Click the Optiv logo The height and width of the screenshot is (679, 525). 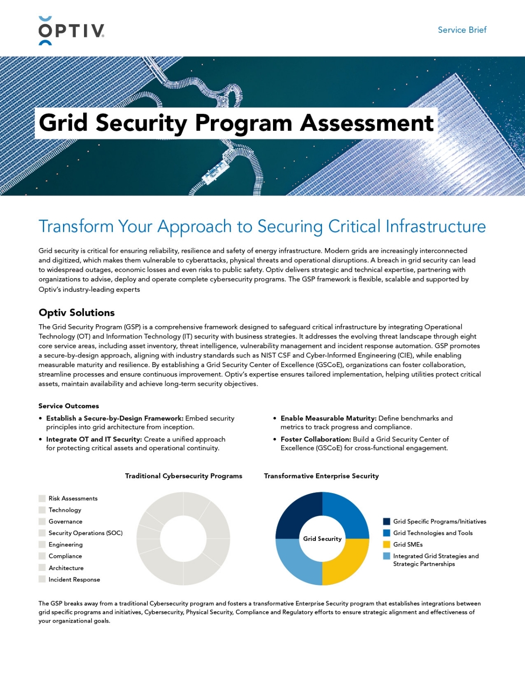(x=71, y=31)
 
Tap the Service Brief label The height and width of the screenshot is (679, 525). (x=462, y=30)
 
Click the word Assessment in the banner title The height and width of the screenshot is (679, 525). (x=367, y=123)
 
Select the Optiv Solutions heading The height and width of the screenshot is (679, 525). (x=77, y=312)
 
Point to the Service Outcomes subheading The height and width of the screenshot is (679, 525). (x=69, y=406)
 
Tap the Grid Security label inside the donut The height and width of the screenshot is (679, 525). (x=322, y=539)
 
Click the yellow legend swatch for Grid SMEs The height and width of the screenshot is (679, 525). (x=386, y=544)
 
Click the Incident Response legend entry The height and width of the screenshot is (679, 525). (x=74, y=579)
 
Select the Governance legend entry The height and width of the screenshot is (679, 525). (x=65, y=521)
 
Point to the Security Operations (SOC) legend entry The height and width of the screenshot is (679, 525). (x=85, y=533)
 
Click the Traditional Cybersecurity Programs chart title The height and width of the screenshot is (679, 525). (x=183, y=476)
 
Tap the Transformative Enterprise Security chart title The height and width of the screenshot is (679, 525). (x=321, y=476)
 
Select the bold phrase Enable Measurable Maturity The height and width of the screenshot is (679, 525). (x=328, y=418)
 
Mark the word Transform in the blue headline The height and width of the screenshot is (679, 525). (x=76, y=227)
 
